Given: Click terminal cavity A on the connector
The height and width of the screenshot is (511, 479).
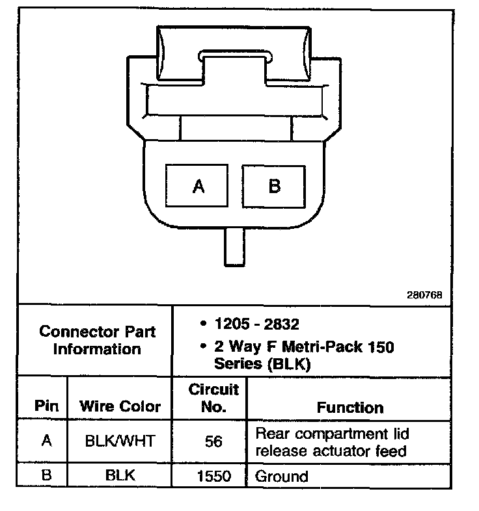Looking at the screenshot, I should click(x=198, y=187).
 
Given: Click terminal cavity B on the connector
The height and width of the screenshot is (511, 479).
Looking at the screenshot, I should click(x=274, y=187).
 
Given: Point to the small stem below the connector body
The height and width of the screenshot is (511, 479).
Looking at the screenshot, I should click(x=235, y=246).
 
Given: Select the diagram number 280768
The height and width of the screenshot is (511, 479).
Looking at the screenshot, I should click(x=425, y=295).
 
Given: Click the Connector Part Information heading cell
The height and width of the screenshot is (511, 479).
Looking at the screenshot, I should click(x=97, y=340).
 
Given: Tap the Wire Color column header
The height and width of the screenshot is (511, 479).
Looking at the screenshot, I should click(x=120, y=407).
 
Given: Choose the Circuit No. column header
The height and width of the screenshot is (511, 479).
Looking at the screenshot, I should click(x=213, y=399).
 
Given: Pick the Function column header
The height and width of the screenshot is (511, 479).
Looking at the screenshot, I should click(x=349, y=408).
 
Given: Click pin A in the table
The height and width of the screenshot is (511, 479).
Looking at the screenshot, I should click(x=46, y=441).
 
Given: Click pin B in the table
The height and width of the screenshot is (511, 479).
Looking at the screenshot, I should click(x=46, y=475).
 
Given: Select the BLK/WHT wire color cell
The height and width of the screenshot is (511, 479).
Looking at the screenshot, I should click(x=120, y=441).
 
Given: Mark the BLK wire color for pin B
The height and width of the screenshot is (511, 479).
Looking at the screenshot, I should click(x=120, y=476).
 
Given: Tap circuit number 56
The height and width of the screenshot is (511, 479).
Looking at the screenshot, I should click(x=213, y=442).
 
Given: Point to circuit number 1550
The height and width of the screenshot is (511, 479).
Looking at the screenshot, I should click(x=213, y=477).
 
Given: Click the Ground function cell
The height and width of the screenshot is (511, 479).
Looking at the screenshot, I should click(x=282, y=477).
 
